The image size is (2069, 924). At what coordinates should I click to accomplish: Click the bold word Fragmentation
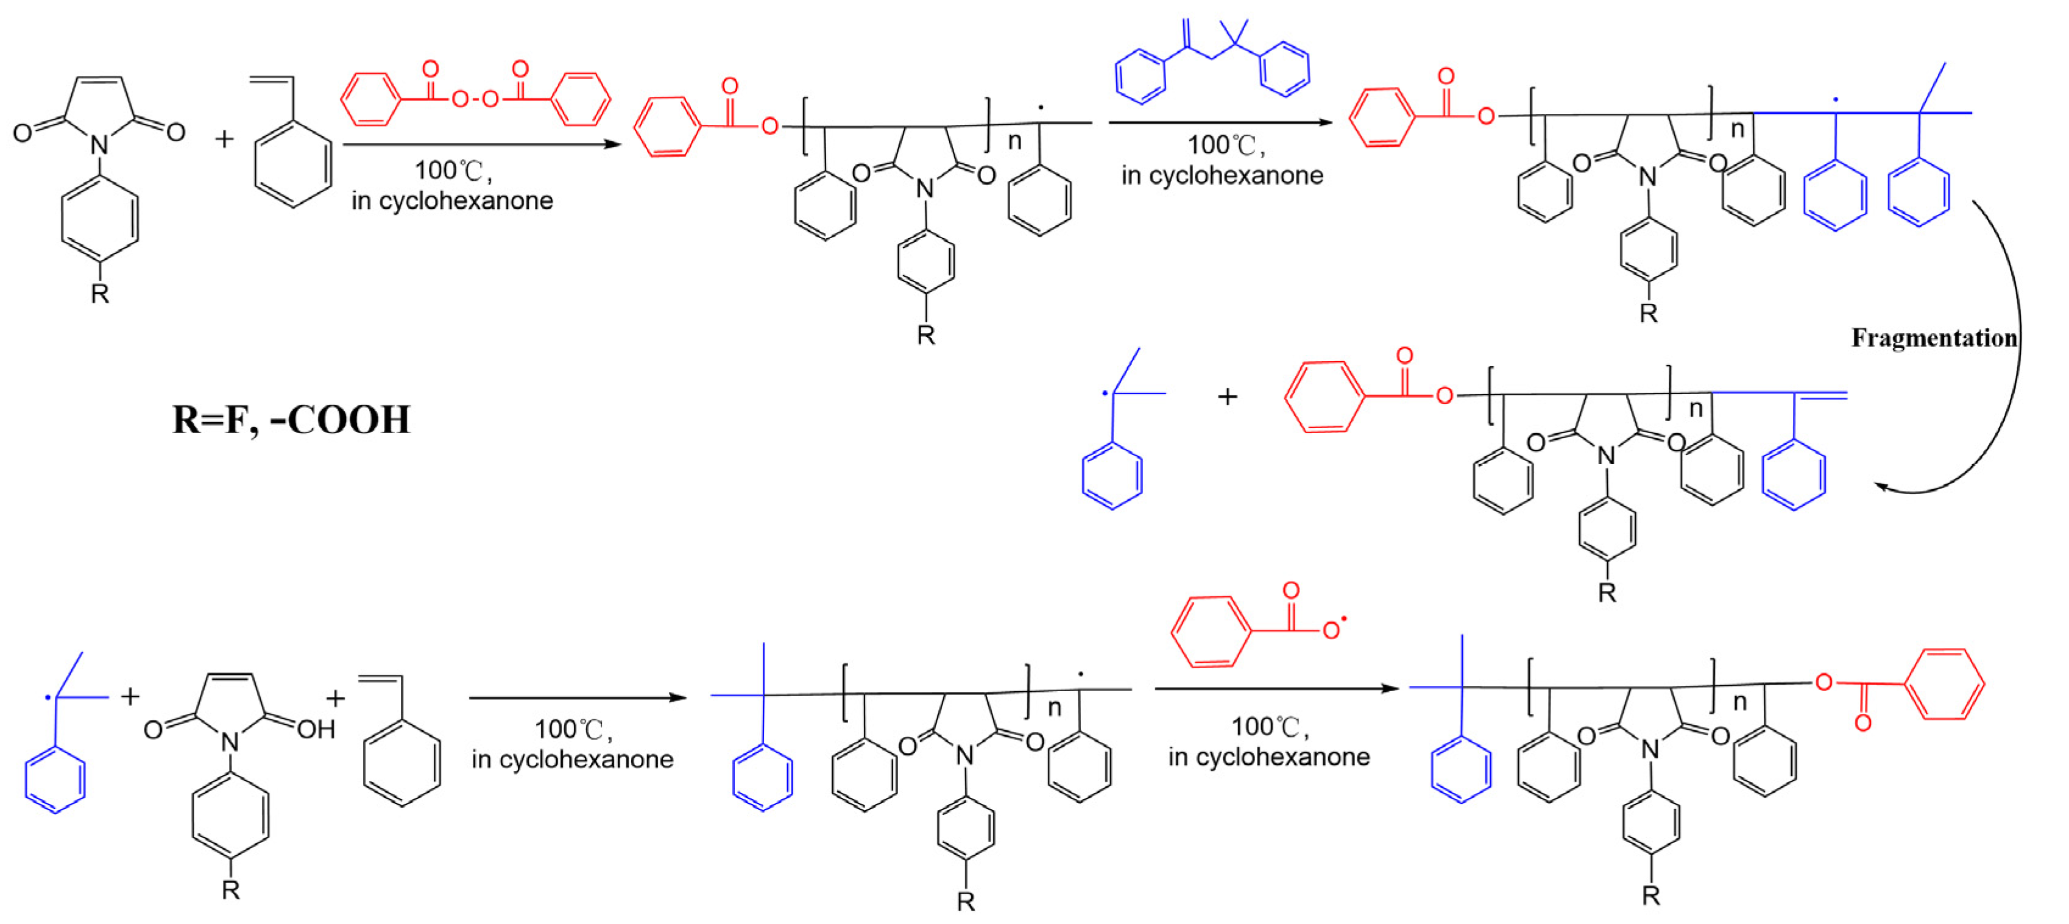point(1933,338)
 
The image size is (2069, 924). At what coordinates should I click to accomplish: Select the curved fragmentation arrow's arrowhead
point(1882,485)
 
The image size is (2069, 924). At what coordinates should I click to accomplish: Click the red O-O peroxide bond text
point(475,99)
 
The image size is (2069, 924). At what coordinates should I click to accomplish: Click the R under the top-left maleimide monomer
point(99,294)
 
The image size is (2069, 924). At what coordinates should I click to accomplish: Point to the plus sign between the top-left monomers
point(224,139)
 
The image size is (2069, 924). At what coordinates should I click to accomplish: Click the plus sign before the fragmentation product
point(1226,397)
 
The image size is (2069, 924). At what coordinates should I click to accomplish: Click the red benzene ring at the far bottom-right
point(1945,685)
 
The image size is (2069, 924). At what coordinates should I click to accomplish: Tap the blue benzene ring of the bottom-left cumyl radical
point(55,780)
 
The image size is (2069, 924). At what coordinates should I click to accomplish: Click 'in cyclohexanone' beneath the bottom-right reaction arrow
point(1268,756)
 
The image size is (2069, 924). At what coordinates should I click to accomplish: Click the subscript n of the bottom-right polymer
point(1739,702)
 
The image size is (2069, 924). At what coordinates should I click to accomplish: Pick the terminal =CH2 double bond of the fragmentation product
point(1821,395)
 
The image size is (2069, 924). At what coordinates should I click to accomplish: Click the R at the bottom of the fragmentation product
point(1607,593)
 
